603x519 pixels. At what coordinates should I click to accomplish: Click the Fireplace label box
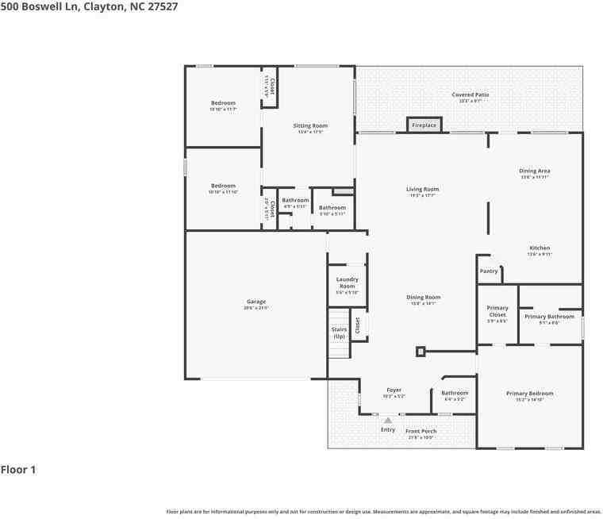point(424,125)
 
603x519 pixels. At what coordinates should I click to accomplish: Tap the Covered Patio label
point(470,95)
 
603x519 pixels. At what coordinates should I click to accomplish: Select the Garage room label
point(255,302)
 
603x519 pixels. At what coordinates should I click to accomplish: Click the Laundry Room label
point(347,283)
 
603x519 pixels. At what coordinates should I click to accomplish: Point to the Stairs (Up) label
point(339,333)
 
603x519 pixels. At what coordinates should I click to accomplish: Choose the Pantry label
point(489,271)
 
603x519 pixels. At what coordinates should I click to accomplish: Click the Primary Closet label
point(497,311)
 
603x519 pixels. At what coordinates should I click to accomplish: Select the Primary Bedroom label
point(530,394)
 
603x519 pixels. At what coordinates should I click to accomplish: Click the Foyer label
point(394,390)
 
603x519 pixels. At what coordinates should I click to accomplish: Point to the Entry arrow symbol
point(388,421)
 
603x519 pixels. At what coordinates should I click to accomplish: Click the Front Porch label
point(421,431)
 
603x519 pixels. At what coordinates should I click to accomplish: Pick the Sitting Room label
point(310,126)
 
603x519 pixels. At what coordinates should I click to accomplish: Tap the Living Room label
point(422,190)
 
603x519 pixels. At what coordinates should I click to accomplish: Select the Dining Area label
point(535,171)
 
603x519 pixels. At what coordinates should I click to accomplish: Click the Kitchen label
point(539,248)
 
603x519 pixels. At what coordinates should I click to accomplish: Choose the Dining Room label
point(423,298)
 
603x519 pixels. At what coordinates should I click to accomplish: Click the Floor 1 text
point(18,470)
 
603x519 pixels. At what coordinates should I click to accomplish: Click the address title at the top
point(89,6)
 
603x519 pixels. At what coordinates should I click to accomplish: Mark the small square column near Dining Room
point(421,351)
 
